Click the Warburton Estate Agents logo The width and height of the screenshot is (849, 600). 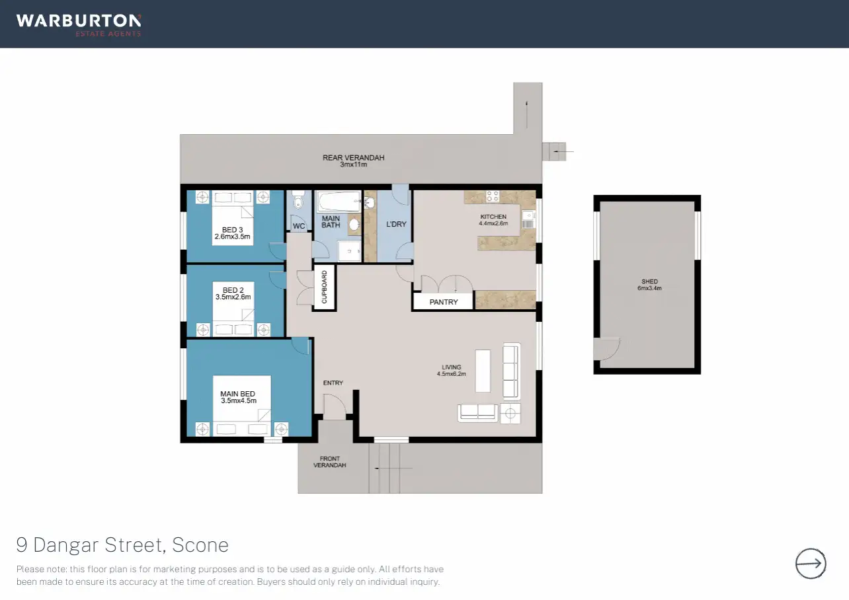point(79,25)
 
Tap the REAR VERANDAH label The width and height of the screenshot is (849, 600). point(353,157)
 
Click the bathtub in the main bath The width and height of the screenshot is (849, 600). point(339,202)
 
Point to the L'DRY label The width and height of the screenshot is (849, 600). point(396,224)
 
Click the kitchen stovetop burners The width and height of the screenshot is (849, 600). point(493,196)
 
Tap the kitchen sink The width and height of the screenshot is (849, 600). point(528,219)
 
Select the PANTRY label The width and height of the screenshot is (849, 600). point(444,302)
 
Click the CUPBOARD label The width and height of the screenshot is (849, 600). point(324,287)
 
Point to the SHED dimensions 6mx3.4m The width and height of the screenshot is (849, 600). point(649,288)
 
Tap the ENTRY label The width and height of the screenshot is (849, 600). point(333,383)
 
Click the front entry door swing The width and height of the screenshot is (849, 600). point(335,406)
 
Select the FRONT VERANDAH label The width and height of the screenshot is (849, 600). point(329,462)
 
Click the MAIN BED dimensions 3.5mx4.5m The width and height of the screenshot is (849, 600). point(239,400)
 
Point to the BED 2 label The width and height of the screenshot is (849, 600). point(233,290)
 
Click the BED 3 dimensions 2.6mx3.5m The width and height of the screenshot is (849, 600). point(232,237)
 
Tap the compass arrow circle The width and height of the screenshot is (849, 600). point(811,563)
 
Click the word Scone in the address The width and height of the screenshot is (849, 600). point(200,545)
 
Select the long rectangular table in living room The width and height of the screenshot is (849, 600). point(483,371)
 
